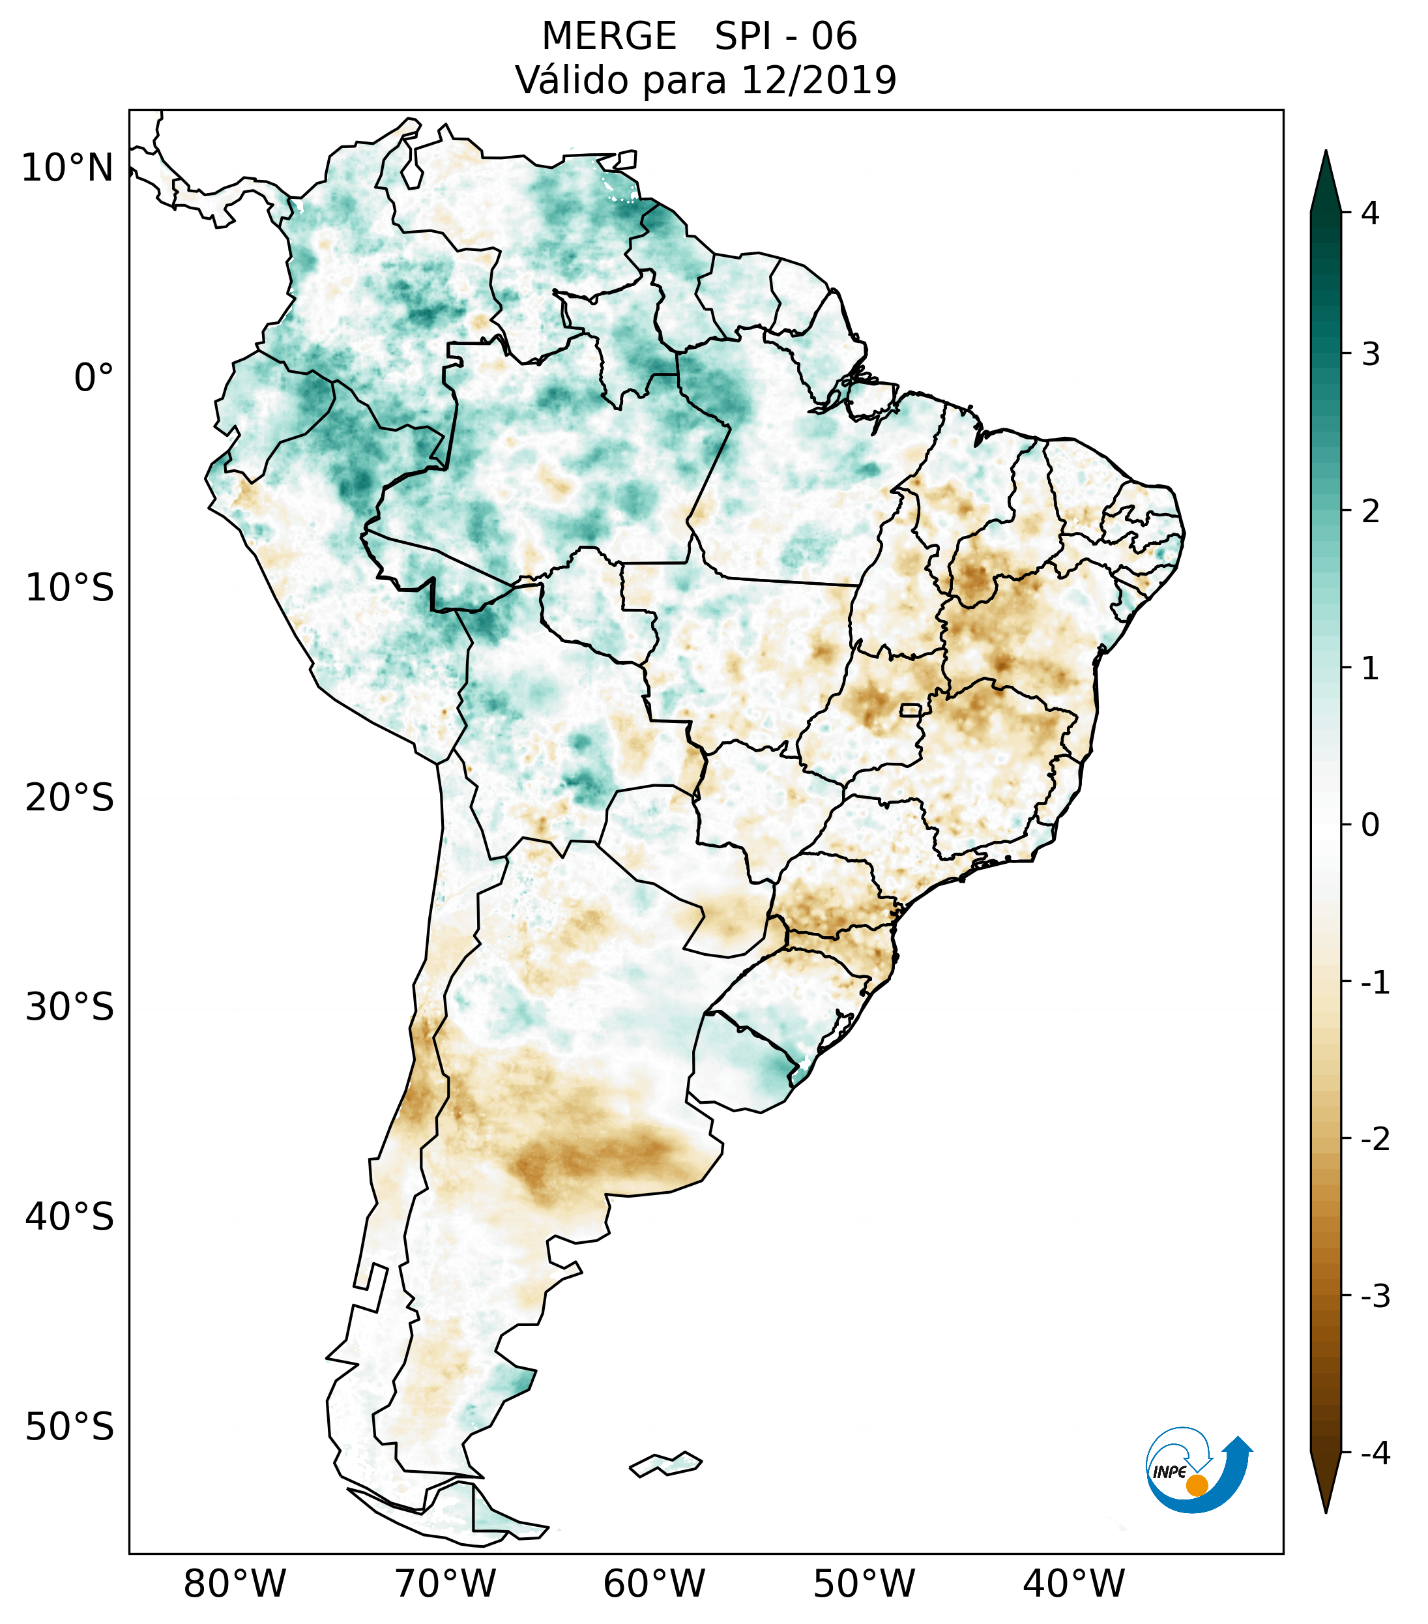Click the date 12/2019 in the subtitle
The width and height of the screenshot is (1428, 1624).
coord(818,80)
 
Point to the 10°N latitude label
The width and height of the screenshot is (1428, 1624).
coord(68,168)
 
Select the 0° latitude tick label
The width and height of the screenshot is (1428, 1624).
coord(94,378)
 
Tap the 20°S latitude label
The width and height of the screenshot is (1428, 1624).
coord(70,798)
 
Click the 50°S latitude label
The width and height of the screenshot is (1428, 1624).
coord(70,1428)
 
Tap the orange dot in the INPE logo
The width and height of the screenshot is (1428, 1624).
coord(1196,1485)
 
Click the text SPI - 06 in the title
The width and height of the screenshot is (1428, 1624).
coord(785,37)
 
